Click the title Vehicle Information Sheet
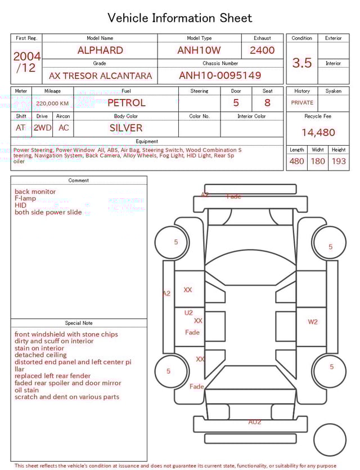point(180,18)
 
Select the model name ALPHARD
point(100,50)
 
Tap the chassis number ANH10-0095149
point(220,75)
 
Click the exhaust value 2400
point(262,50)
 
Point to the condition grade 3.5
point(302,63)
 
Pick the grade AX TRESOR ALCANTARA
point(100,75)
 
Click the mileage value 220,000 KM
point(52,104)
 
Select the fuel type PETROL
point(126,103)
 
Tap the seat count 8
point(267,103)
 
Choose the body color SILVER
point(126,128)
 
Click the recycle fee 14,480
point(318,133)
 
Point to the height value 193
point(339,162)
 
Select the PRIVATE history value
point(302,103)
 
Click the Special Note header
point(79,323)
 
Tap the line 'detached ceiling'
point(40,355)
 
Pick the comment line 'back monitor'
point(35,192)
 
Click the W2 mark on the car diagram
point(313,322)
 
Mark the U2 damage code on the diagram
point(188,312)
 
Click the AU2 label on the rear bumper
point(255,422)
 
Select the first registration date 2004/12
point(26,62)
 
